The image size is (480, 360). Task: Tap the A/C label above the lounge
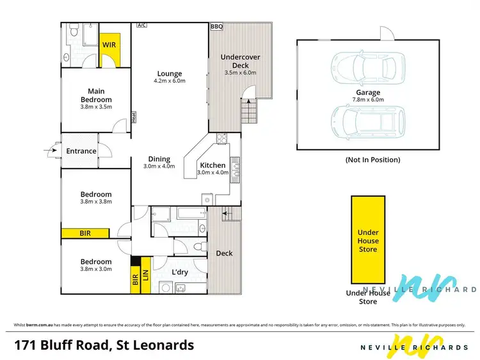[141, 26]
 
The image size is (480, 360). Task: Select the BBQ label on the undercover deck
[216, 27]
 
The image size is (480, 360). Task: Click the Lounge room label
[169, 74]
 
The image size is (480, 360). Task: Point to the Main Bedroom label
[96, 95]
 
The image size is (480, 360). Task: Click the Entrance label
[81, 152]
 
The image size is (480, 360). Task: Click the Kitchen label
[212, 164]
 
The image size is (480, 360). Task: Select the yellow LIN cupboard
[146, 275]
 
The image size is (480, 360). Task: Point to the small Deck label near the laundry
[224, 253]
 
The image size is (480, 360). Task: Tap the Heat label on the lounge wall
[134, 117]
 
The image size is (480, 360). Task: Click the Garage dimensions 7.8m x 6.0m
[368, 100]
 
